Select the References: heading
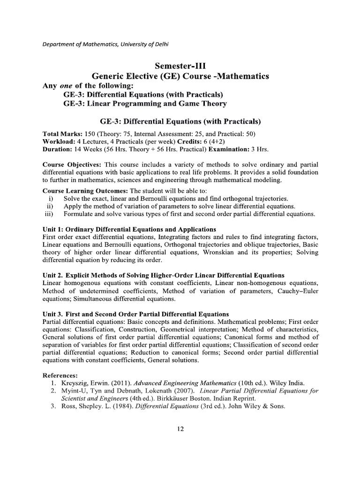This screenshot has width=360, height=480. tap(61, 375)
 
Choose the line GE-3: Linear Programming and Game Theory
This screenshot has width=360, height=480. tap(145, 103)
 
